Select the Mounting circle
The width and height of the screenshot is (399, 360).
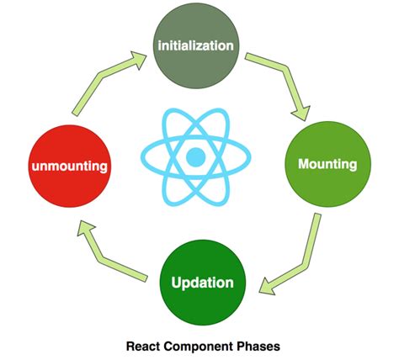327,163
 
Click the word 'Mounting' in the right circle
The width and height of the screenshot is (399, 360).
327,163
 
